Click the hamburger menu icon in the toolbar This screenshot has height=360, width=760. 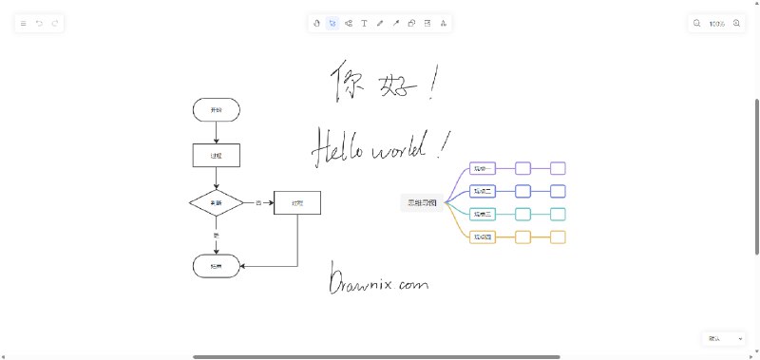pos(24,23)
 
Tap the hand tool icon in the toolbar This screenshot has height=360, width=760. pos(316,23)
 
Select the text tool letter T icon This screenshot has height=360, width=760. pos(364,23)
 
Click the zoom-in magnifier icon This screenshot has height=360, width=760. pos(736,23)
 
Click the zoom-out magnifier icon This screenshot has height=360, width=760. pos(696,23)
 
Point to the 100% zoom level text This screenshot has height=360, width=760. pos(716,23)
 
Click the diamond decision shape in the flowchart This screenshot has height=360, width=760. pos(217,202)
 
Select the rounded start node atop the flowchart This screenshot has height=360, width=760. pos(217,110)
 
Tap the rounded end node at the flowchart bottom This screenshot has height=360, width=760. pos(217,267)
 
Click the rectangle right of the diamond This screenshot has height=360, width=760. pos(297,202)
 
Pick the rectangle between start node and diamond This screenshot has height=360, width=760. pos(217,155)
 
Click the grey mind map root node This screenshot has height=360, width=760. pos(422,202)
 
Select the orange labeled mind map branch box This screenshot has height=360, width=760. pos(484,237)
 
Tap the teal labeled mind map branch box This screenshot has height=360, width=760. pos(484,214)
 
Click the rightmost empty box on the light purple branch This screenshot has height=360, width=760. pos(558,168)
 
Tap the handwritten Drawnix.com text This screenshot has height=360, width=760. pos(379,281)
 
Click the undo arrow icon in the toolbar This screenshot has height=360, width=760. pos(40,23)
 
